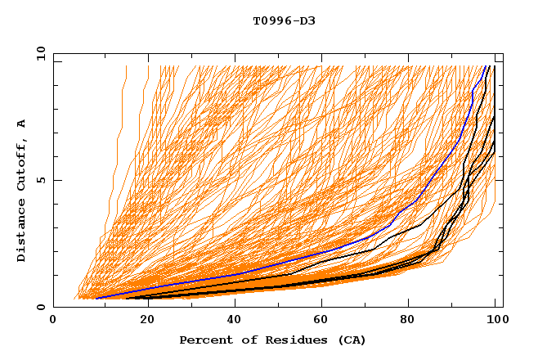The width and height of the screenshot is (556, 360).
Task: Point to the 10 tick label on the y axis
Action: [x=40, y=53]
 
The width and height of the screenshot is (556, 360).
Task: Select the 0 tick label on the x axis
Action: [x=53, y=321]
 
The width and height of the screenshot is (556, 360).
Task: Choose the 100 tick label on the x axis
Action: [x=496, y=321]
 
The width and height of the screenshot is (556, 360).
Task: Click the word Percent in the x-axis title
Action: [x=202, y=340]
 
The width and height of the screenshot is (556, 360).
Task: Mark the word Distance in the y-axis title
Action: [x=21, y=232]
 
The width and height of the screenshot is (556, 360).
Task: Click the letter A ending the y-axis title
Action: [x=21, y=123]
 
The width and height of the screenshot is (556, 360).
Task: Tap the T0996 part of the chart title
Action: [x=271, y=20]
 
